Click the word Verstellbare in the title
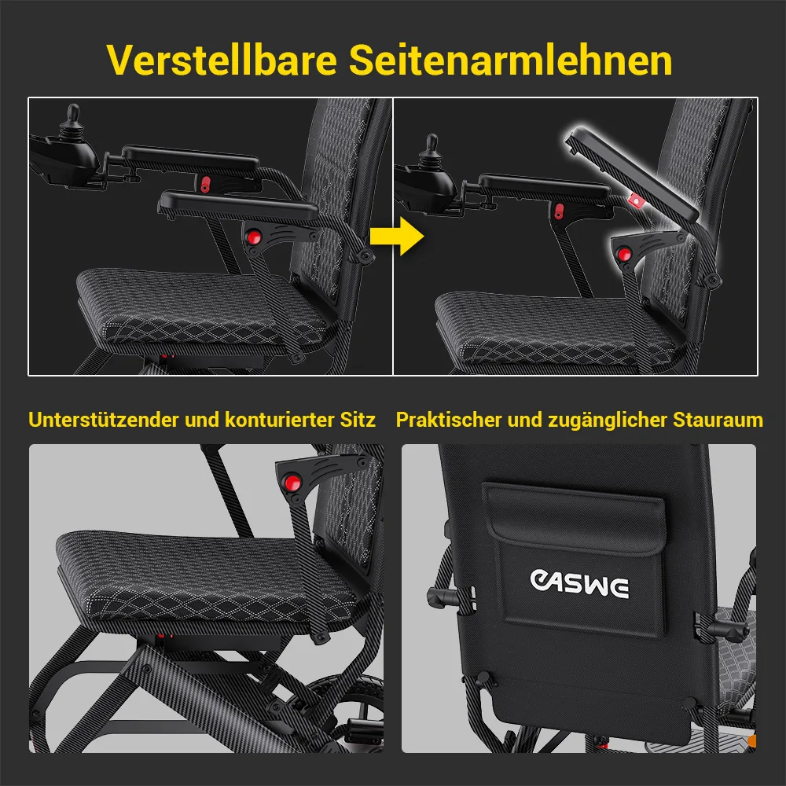tap(222, 61)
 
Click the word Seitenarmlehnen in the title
tap(510, 61)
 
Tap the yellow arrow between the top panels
tap(396, 236)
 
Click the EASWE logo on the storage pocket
tap(579, 583)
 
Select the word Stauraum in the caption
tap(718, 420)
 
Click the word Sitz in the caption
tap(358, 420)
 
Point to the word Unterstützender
tap(104, 420)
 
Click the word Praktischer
tap(449, 420)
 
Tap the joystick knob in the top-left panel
tap(73, 113)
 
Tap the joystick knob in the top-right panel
tap(432, 143)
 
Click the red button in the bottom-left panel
tap(292, 483)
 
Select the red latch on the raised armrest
tap(636, 200)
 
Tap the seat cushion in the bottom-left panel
tap(205, 576)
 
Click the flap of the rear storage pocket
tap(574, 519)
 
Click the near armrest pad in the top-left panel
tap(238, 205)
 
